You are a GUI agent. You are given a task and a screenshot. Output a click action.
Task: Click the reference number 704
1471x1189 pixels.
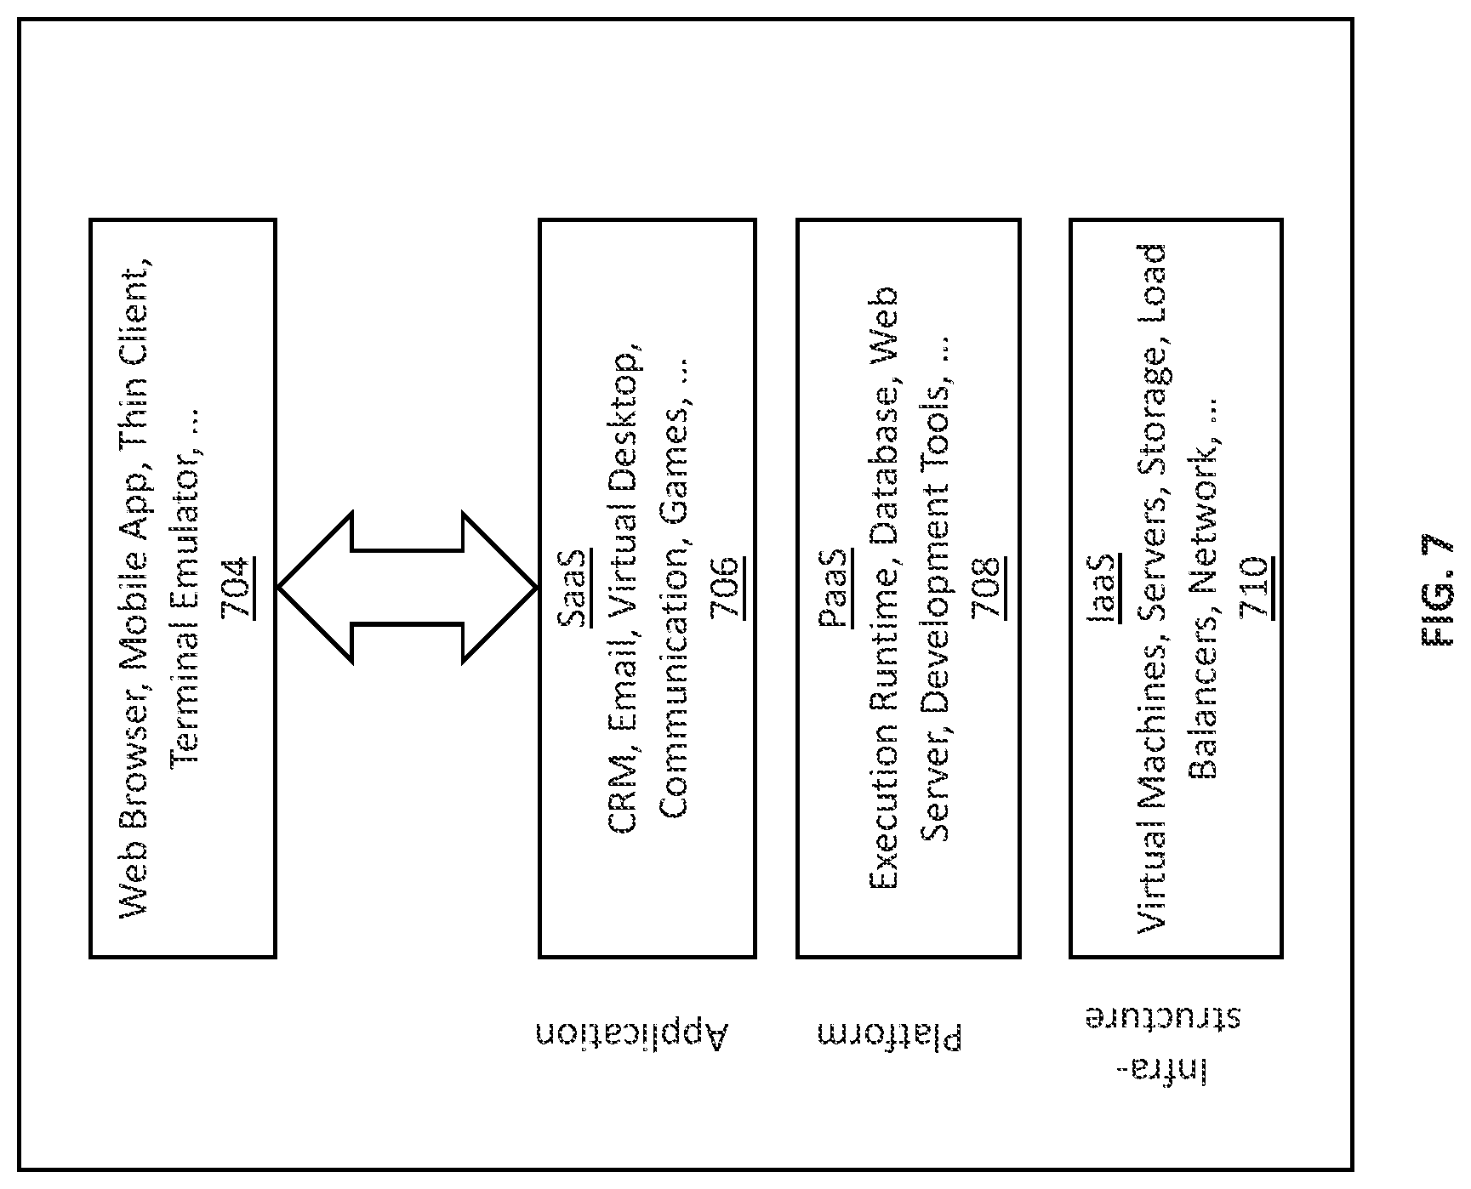[237, 587]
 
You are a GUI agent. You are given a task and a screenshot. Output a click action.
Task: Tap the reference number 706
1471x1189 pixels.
[727, 588]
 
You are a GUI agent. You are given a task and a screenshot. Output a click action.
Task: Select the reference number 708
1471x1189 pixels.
[989, 588]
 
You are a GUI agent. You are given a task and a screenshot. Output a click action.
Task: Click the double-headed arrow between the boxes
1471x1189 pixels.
[408, 588]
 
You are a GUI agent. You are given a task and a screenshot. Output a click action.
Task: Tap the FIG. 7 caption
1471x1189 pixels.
[1437, 592]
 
